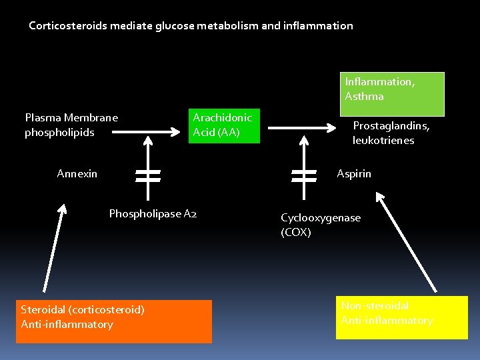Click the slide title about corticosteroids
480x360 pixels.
pyautogui.click(x=191, y=26)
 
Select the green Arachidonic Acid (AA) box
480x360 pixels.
pyautogui.click(x=222, y=125)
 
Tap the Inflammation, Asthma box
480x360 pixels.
pyautogui.click(x=392, y=94)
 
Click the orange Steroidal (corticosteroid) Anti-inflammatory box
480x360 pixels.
pyautogui.click(x=113, y=321)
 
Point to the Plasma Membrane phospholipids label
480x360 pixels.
pyautogui.click(x=71, y=125)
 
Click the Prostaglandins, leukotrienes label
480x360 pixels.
pyautogui.click(x=391, y=133)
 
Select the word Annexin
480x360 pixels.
pyautogui.click(x=77, y=174)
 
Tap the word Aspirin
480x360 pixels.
pyautogui.click(x=354, y=174)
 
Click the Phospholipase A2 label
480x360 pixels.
pyautogui.click(x=153, y=214)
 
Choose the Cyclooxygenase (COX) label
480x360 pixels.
pyautogui.click(x=321, y=225)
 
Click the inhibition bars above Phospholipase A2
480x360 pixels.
pyautogui.click(x=147, y=175)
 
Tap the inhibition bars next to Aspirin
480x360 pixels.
pyautogui.click(x=304, y=175)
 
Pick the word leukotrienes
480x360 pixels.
pyautogui.click(x=383, y=141)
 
